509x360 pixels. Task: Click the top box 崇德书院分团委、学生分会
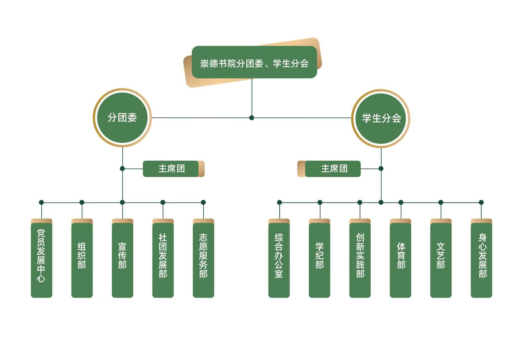pos(254,62)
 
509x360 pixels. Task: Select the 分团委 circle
pos(122,118)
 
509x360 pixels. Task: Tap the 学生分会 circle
pos(381,118)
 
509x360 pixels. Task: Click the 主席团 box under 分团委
pos(171,169)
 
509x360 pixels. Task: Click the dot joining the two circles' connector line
pos(252,118)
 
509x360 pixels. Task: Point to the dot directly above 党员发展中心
pos(41,202)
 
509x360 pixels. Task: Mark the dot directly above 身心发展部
pos(481,202)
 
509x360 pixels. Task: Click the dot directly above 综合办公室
pos(279,202)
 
